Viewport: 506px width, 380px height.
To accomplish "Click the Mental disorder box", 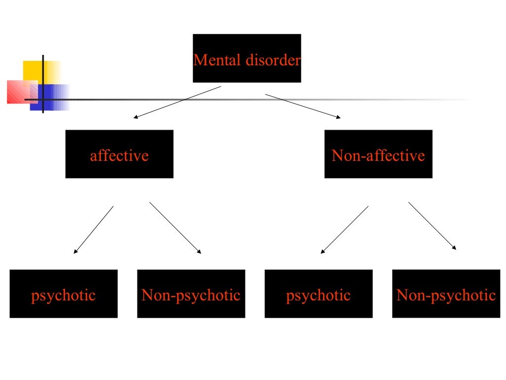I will coord(247,58).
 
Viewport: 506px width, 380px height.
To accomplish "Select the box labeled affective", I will coord(119,154).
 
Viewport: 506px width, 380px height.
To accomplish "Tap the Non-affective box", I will coord(378,154).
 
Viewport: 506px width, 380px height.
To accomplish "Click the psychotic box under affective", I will coord(63,293).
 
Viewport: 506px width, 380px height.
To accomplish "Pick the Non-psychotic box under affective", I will coord(191,293).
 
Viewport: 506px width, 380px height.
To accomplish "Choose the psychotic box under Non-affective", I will coord(318,293).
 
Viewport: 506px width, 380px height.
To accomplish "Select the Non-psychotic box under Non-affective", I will coord(446,293).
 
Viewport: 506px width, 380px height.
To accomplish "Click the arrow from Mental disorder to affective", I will coord(177,102).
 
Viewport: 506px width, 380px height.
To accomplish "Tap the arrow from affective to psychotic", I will coord(93,230).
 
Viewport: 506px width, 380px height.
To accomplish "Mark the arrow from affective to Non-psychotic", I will coord(175,228).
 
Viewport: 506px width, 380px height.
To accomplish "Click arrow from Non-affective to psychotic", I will coord(344,230).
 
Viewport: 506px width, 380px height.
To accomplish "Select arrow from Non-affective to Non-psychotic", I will coord(432,226).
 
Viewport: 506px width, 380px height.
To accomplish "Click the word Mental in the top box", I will coord(211,60).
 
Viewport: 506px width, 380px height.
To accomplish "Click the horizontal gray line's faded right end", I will coord(460,99).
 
